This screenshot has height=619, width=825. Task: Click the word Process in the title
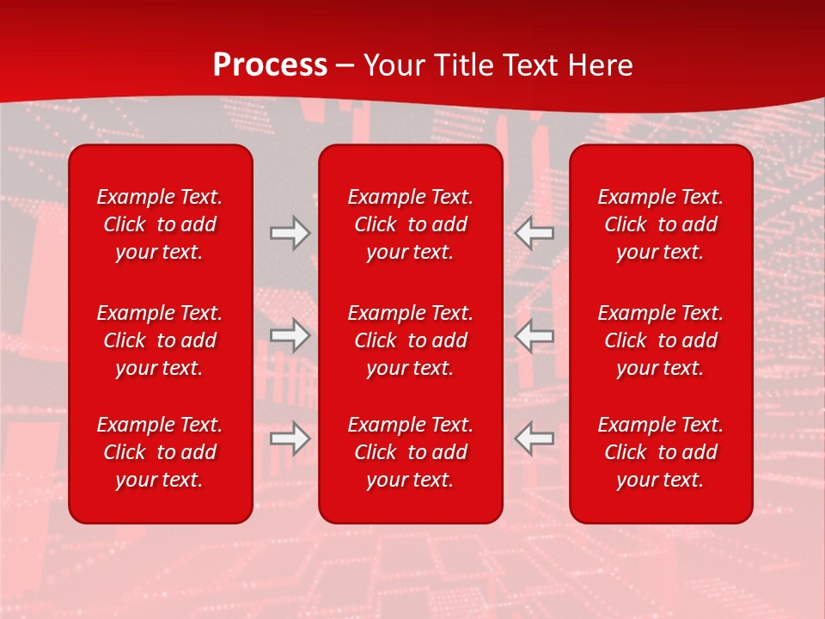pos(270,65)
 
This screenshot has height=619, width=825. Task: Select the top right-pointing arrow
pos(290,233)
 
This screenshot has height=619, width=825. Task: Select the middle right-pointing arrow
pos(290,335)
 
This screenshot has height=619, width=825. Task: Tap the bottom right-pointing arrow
pos(290,438)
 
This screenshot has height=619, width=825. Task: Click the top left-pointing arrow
pos(535,233)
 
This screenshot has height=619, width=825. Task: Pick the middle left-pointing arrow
pos(535,335)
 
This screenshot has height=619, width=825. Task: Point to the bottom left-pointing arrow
pos(535,438)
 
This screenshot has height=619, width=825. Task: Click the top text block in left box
pos(160,224)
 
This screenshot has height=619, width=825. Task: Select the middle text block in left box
pos(160,340)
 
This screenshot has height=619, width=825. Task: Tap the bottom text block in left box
pos(160,452)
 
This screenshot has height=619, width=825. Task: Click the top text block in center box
pos(411,224)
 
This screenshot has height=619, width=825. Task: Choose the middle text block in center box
pos(411,340)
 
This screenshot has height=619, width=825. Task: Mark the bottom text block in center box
pos(411,452)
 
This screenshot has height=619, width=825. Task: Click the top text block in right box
pos(661,224)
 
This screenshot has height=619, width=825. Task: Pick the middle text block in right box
pos(661,340)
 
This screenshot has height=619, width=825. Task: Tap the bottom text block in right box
pos(661,452)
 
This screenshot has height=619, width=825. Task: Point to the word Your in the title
pos(394,65)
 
